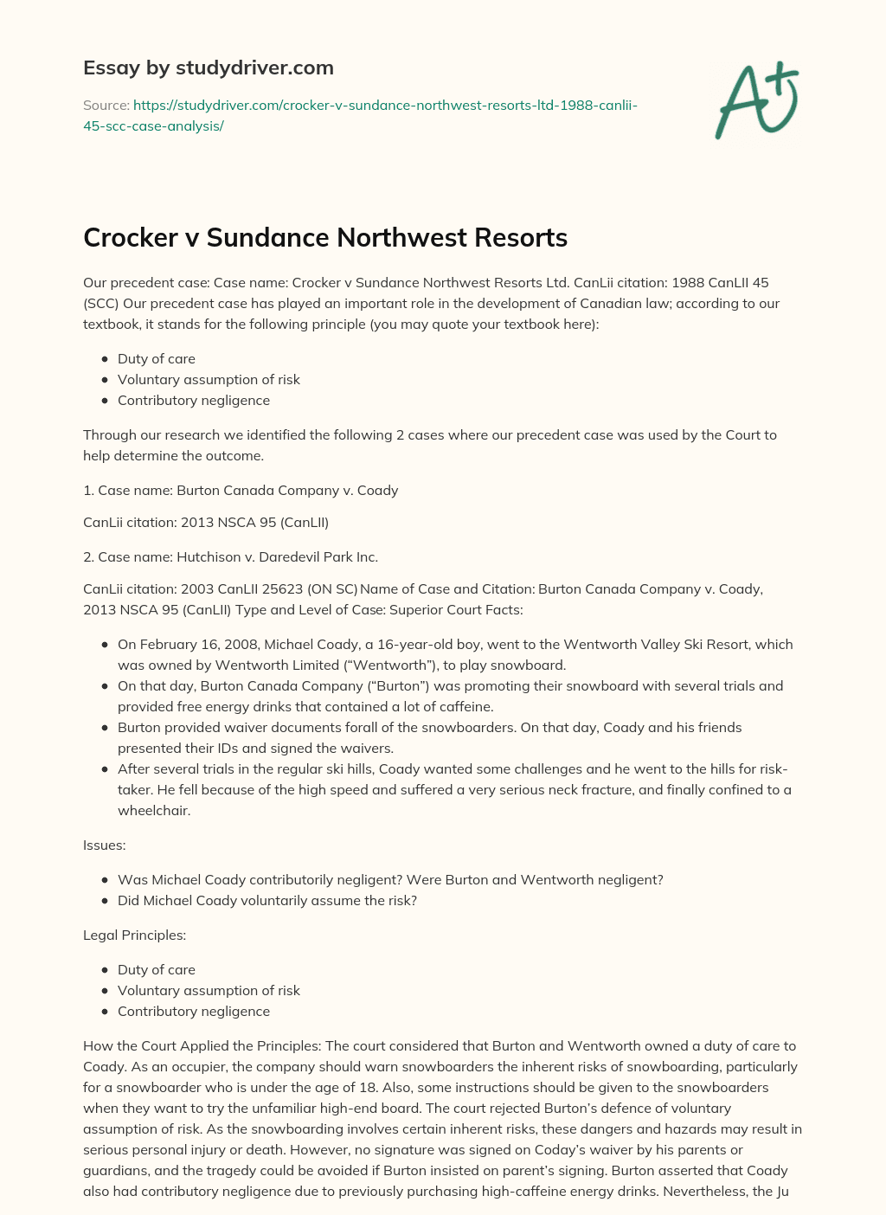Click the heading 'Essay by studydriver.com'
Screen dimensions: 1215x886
[208, 67]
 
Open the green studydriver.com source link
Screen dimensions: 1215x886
[360, 115]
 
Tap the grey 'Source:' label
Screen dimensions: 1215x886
[106, 105]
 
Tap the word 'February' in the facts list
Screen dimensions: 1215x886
[168, 644]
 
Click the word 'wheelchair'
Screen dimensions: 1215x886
[154, 810]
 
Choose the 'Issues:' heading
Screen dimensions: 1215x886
[105, 845]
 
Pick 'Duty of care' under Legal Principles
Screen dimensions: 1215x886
[157, 969]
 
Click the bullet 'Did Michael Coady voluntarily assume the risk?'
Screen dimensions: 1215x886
[267, 900]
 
